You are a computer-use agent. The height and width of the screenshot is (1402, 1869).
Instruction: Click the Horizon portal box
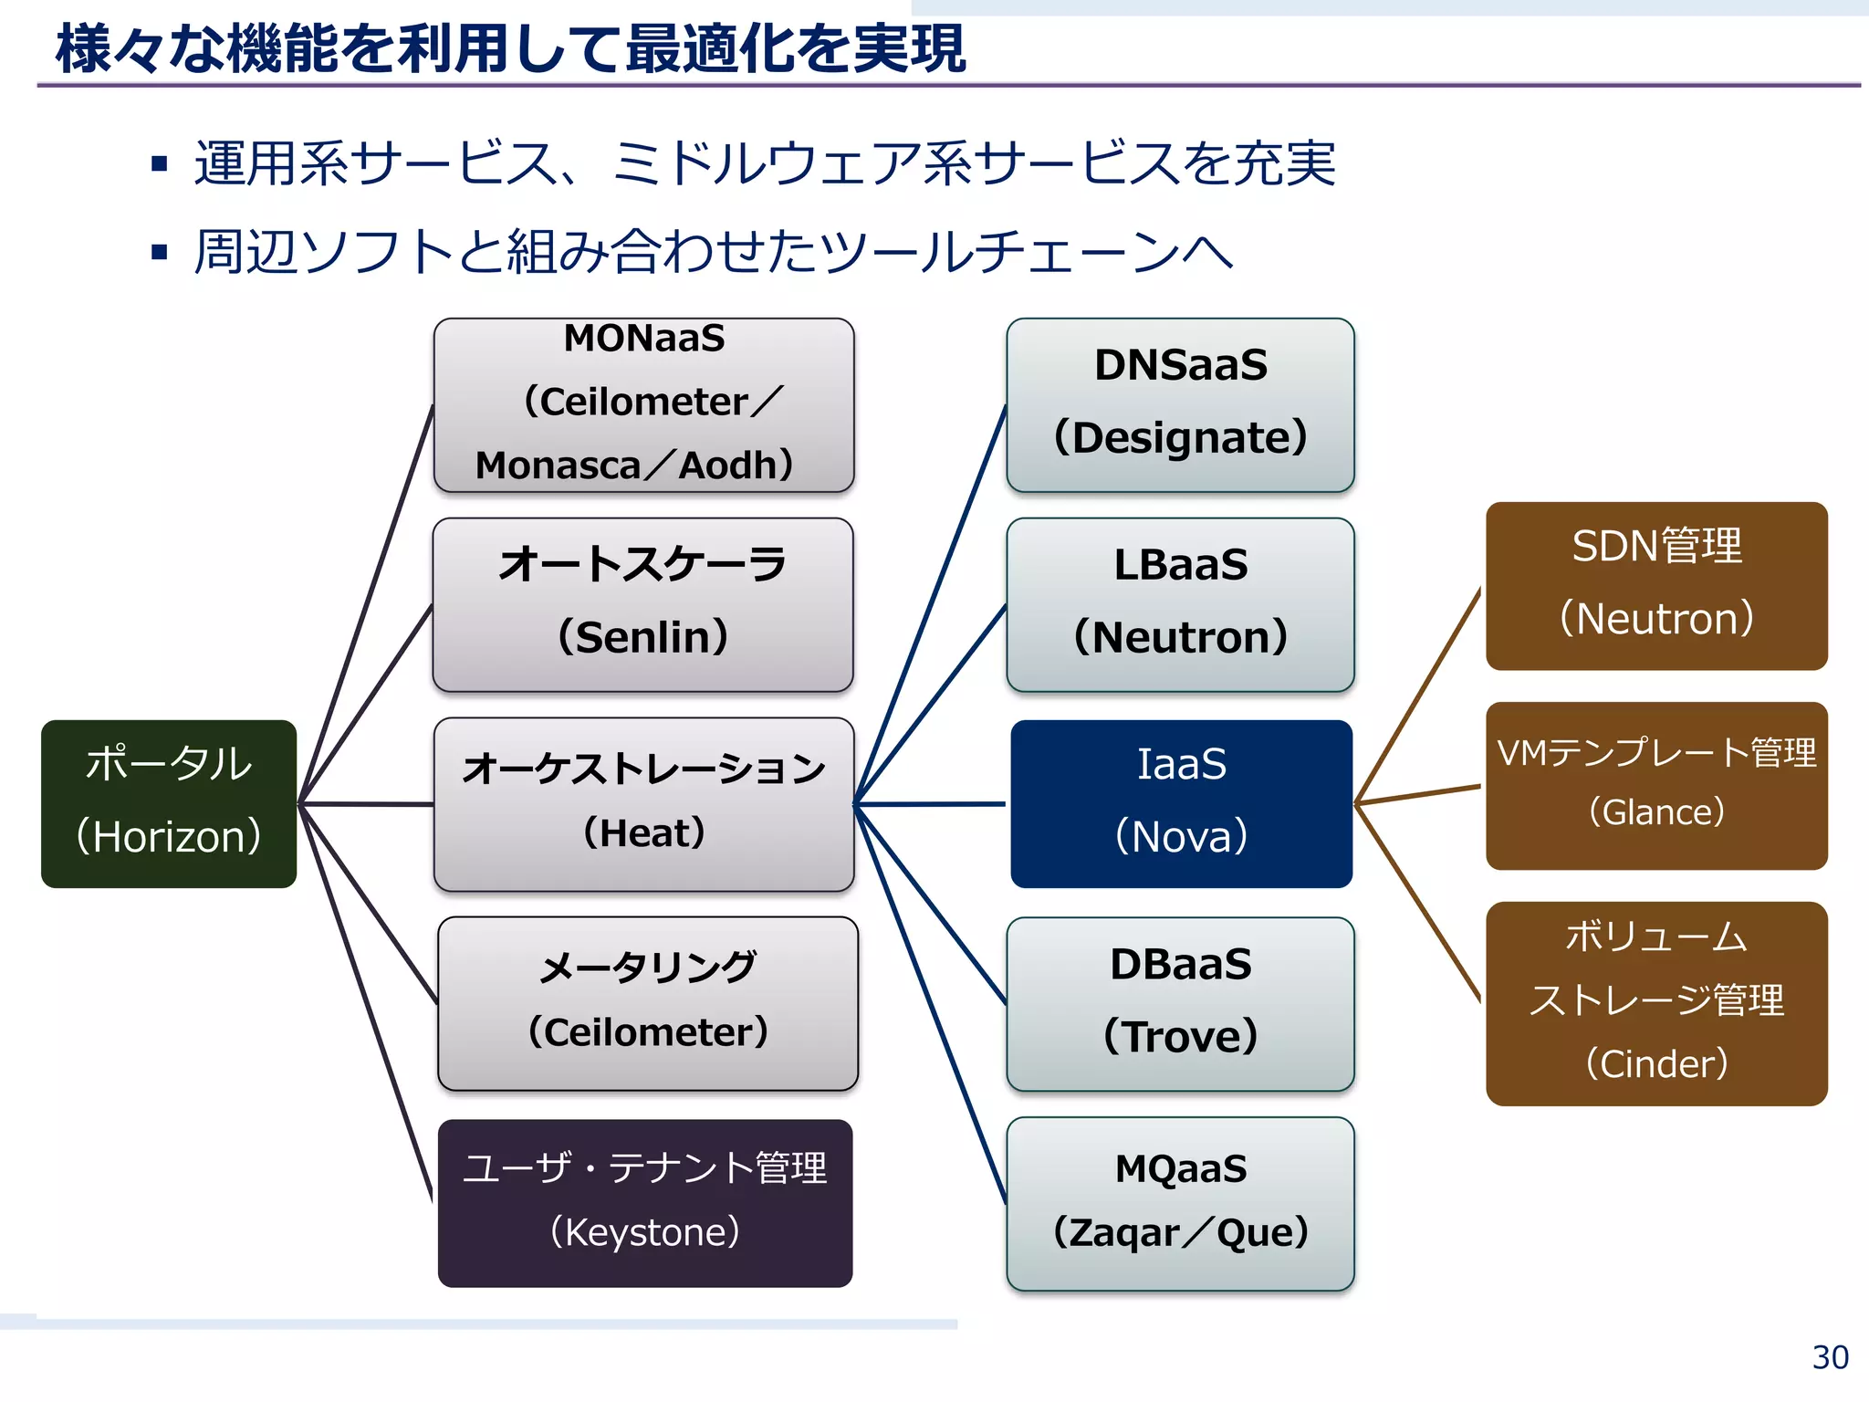click(x=169, y=803)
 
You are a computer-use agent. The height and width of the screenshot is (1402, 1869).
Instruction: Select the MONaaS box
click(x=643, y=405)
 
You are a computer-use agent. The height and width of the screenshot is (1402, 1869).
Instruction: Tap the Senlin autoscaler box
click(x=643, y=604)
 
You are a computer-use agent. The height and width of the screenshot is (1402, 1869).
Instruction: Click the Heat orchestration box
click(x=643, y=803)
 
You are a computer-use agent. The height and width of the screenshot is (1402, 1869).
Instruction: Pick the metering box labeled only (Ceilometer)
click(x=648, y=1002)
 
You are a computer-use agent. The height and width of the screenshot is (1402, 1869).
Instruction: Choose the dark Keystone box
click(x=645, y=1202)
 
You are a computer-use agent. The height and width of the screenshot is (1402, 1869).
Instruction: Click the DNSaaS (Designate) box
click(x=1180, y=405)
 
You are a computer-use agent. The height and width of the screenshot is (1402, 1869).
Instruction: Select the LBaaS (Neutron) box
click(x=1180, y=604)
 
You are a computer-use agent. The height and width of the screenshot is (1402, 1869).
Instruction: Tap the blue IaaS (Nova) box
click(x=1181, y=803)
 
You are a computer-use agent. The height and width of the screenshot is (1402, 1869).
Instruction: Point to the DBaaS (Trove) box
click(x=1180, y=1003)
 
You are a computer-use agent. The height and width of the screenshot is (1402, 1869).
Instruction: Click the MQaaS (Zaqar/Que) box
click(x=1180, y=1203)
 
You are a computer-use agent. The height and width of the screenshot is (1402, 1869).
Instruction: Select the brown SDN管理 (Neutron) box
click(x=1655, y=585)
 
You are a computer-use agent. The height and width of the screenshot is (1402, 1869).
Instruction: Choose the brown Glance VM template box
click(x=1655, y=785)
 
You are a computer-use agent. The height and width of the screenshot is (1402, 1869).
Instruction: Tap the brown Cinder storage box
click(x=1655, y=1003)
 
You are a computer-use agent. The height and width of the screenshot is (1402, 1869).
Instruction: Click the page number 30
click(x=1830, y=1357)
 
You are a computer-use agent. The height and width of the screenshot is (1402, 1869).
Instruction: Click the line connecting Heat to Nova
click(x=931, y=804)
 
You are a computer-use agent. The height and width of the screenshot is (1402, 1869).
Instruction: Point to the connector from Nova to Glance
click(x=1419, y=794)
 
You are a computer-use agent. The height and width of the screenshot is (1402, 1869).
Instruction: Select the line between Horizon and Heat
click(x=365, y=804)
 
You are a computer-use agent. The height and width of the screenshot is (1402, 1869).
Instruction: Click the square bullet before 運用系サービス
click(x=160, y=164)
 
